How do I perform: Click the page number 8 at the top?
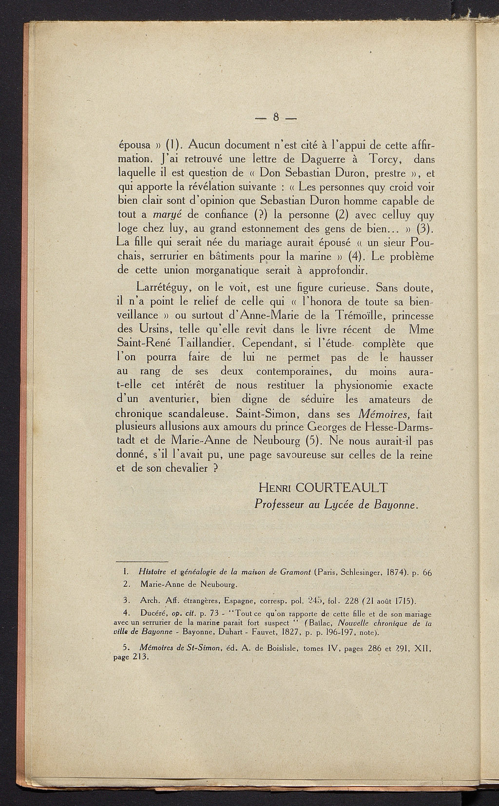(276, 116)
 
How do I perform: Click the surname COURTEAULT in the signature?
(339, 487)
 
